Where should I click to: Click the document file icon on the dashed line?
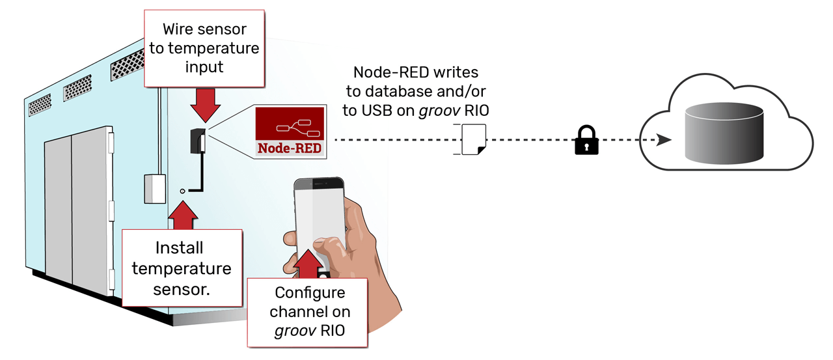[x=473, y=141]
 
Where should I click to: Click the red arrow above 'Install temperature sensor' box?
[x=183, y=215]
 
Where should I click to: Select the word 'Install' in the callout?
[x=179, y=248]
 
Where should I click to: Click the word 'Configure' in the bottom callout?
[x=309, y=293]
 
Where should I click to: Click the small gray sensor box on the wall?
[x=155, y=188]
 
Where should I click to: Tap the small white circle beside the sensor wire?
[x=184, y=191]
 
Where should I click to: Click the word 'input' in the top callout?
[x=204, y=66]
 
